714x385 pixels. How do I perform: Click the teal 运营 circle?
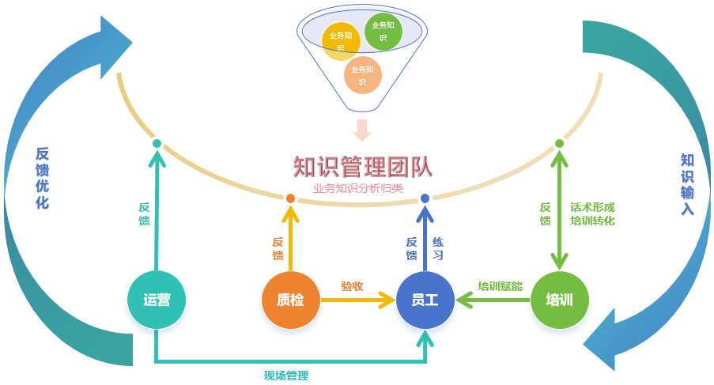pos(157,300)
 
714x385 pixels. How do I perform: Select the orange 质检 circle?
pos(291,300)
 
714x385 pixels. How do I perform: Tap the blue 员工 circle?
pos(425,300)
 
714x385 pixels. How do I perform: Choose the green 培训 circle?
pos(560,300)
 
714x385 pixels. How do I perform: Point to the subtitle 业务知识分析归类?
pos(358,188)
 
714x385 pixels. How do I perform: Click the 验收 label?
pos(352,285)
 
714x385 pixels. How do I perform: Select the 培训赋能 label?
pos(500,286)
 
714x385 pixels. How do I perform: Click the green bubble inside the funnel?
pos(383,32)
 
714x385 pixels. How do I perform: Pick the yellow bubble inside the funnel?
pos(342,41)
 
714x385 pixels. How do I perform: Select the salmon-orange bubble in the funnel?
pos(363,75)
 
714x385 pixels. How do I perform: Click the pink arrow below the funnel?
pos(362,130)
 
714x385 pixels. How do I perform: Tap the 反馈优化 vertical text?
pos(43,178)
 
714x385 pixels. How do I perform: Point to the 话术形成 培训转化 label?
pos(592,214)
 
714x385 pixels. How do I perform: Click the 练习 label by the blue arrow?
pos(437,249)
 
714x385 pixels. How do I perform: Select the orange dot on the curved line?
pos(290,198)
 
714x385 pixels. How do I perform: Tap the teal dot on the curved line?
pos(157,144)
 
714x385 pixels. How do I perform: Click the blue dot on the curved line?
pos(425,198)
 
